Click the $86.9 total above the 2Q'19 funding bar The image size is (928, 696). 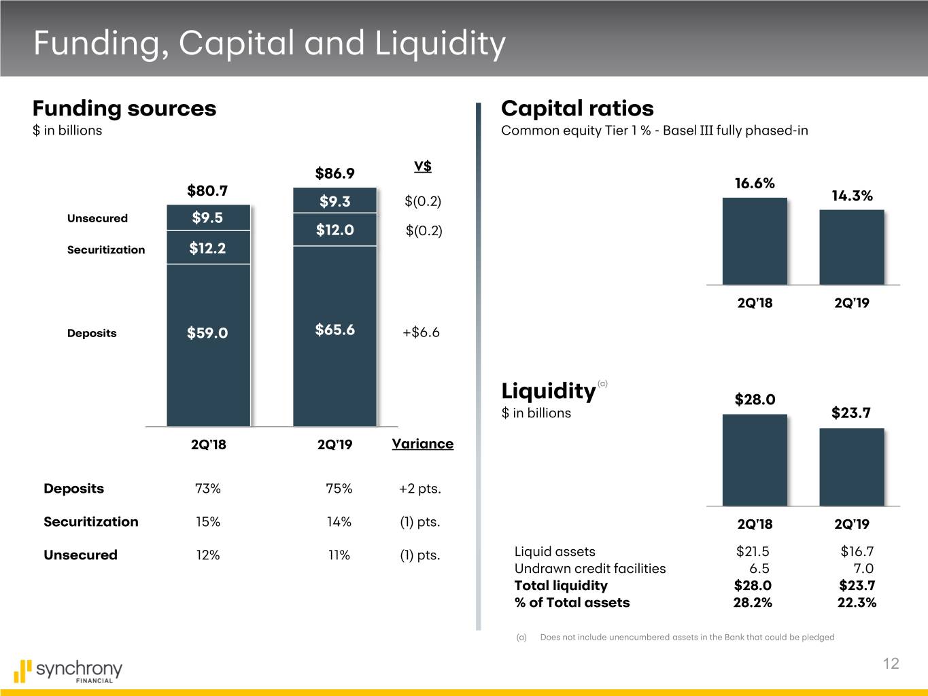[334, 173]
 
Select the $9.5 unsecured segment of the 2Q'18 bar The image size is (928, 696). [207, 217]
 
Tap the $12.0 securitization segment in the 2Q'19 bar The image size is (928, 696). [334, 230]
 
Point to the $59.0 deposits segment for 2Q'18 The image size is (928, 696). [207, 332]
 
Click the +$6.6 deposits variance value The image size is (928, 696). [421, 332]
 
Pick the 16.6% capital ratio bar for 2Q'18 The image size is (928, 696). [754, 241]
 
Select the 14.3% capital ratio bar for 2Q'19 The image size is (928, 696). [851, 247]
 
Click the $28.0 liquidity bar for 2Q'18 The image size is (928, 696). [754, 459]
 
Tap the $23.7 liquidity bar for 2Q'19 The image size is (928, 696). [851, 466]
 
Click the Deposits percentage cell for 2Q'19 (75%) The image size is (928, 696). [339, 489]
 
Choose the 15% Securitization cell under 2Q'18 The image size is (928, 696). [207, 522]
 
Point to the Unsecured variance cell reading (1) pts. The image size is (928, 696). [420, 555]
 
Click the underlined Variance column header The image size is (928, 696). [422, 444]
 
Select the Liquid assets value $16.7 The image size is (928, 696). [857, 551]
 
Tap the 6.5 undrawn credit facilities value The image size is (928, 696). [759, 568]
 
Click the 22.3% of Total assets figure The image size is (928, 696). [857, 602]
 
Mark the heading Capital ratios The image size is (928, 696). [577, 108]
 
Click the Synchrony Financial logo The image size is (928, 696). [68, 671]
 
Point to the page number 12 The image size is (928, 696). [891, 664]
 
